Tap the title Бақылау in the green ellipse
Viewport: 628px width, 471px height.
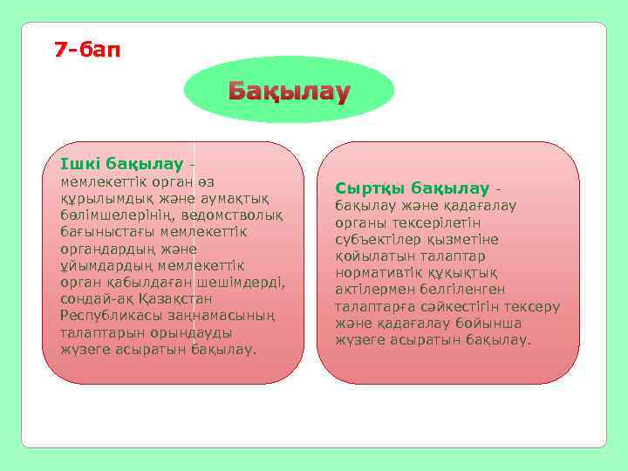[x=289, y=92]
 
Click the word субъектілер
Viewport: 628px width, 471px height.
[x=376, y=239]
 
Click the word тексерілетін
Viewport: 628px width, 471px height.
[x=433, y=222]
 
